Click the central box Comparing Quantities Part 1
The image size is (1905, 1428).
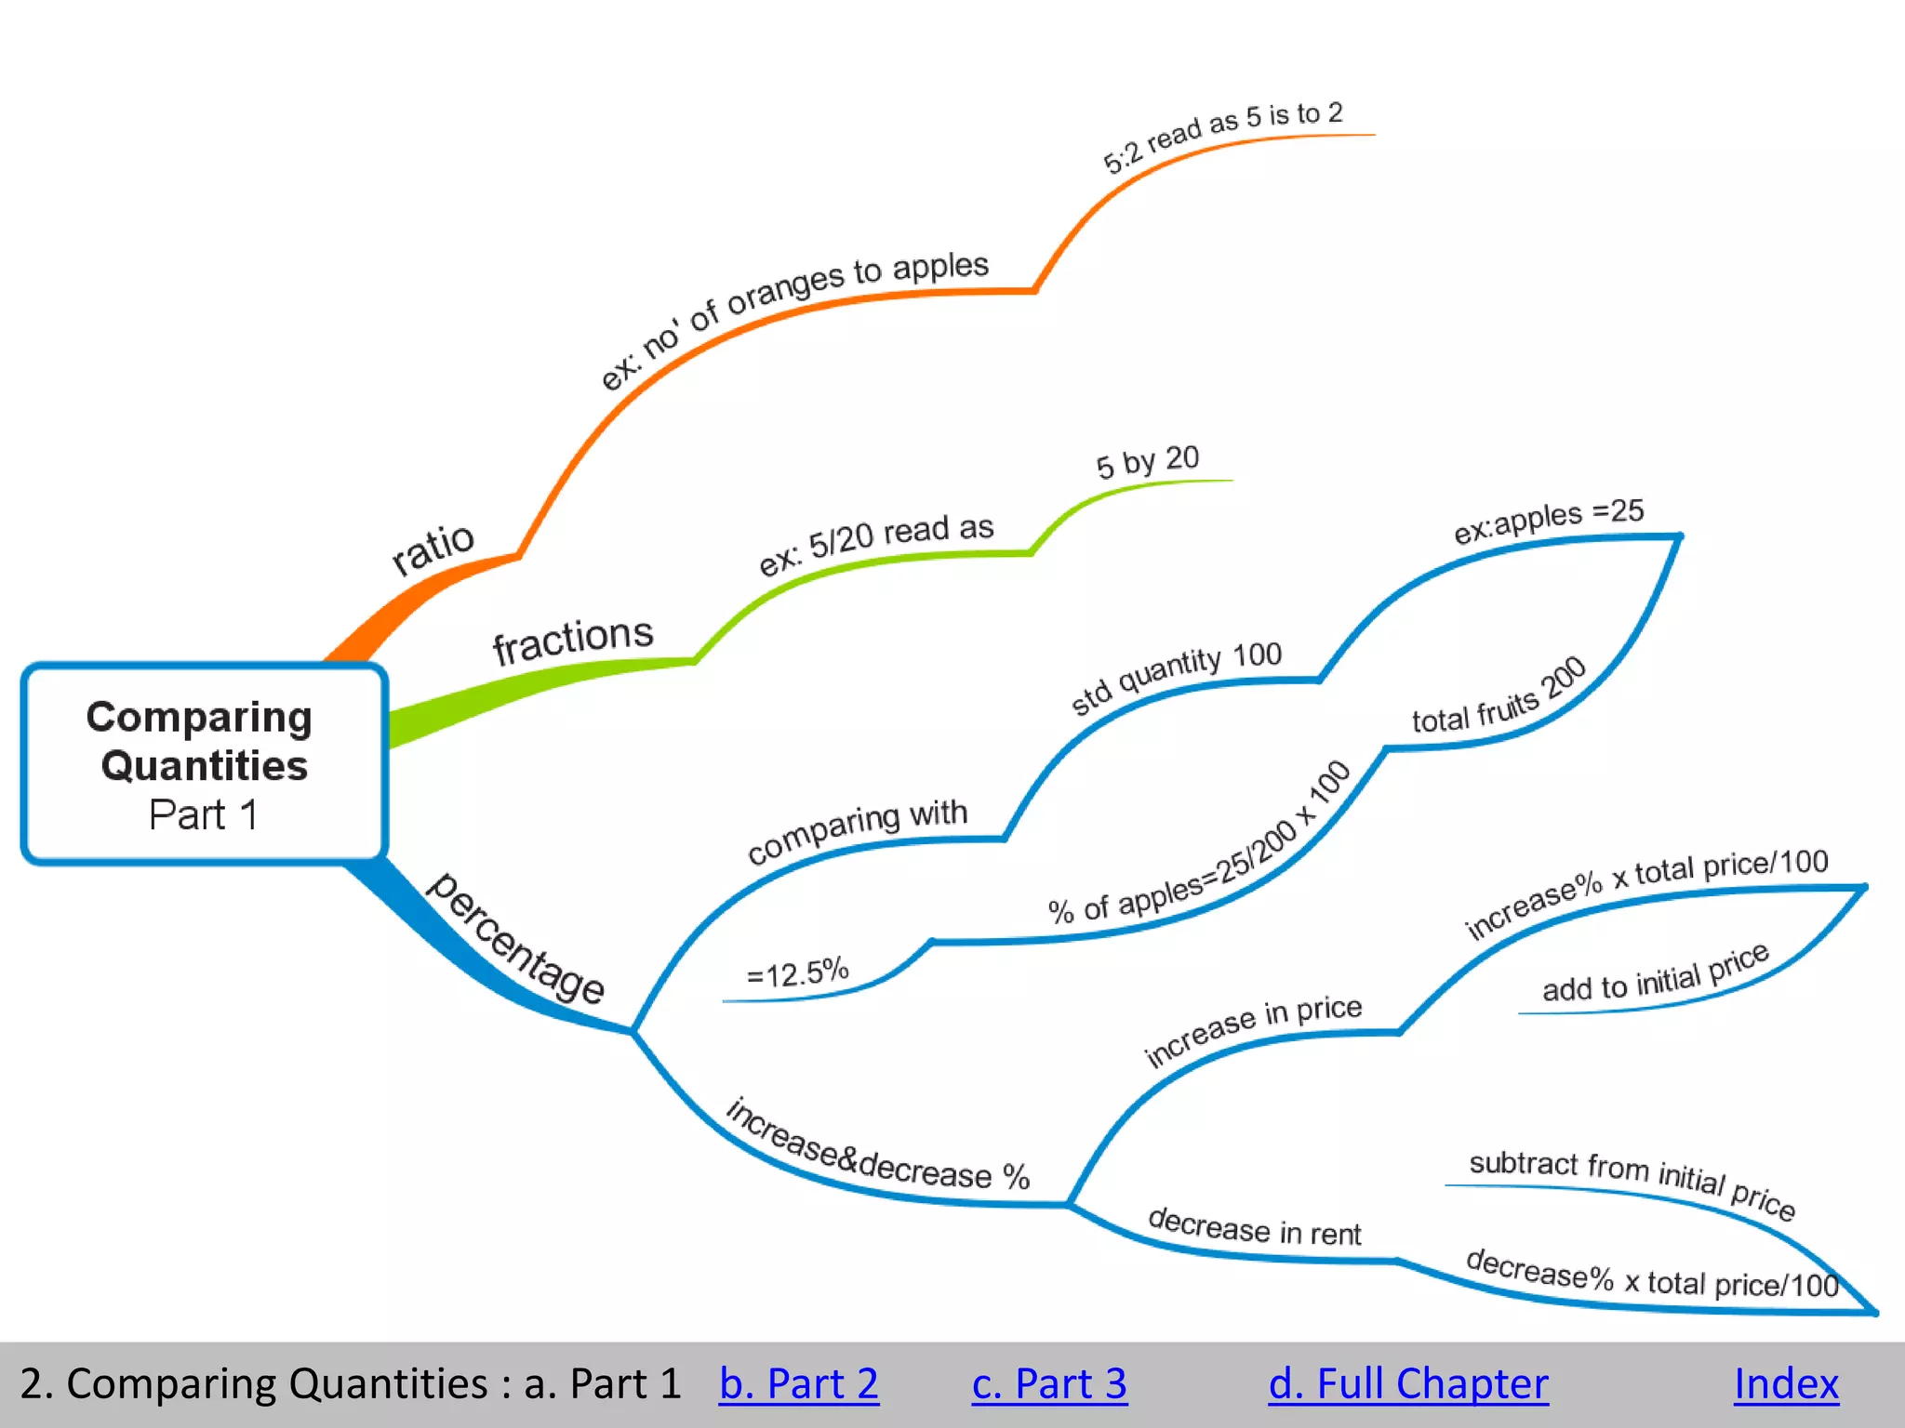(x=203, y=764)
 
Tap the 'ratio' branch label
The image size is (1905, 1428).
(x=433, y=548)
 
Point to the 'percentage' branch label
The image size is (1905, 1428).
(x=516, y=939)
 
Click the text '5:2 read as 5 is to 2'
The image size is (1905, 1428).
(x=1222, y=137)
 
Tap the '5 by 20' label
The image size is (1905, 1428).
(x=1148, y=461)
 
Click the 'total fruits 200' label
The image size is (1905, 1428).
(x=1499, y=697)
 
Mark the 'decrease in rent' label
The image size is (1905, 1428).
(x=1254, y=1227)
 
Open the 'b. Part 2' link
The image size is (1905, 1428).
(x=798, y=1383)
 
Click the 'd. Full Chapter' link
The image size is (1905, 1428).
(x=1408, y=1383)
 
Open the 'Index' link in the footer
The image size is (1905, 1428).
(x=1786, y=1383)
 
